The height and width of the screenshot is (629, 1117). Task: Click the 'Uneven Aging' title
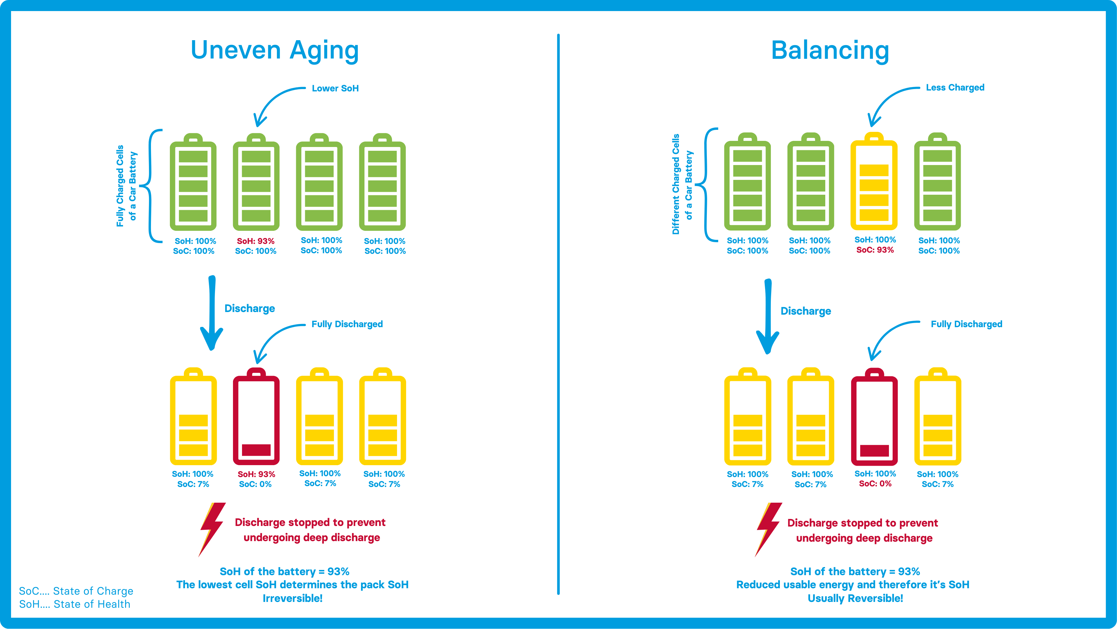coord(275,50)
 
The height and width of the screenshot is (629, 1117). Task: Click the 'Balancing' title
coord(830,50)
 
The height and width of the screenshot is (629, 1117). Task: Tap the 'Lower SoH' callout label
coord(335,88)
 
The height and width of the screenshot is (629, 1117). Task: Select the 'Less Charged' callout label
coord(955,88)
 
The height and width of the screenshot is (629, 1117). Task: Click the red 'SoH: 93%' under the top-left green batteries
coord(255,241)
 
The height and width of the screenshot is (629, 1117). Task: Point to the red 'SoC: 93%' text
coord(875,250)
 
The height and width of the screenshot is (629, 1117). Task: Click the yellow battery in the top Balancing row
coord(874,182)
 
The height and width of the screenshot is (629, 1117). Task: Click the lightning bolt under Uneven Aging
coord(212,528)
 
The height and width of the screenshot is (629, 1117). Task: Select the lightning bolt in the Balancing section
coord(768,528)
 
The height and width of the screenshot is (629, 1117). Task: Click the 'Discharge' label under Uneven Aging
coord(249,309)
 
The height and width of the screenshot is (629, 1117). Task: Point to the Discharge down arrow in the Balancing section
coord(768,317)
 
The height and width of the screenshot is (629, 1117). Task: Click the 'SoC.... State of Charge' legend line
coord(76,591)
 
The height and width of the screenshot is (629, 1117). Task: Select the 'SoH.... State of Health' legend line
coord(74,604)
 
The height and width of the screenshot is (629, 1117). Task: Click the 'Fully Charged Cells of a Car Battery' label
coord(126,186)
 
